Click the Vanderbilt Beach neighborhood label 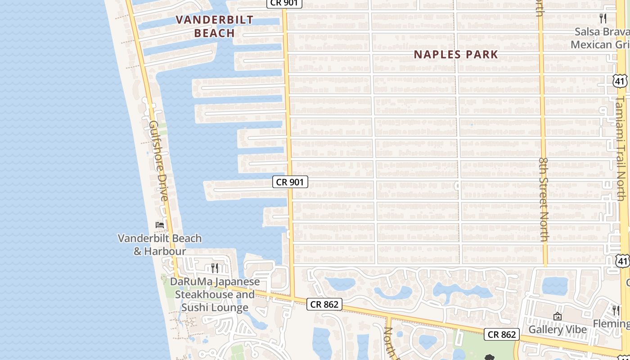tap(215, 27)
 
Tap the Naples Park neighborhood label tap(456, 54)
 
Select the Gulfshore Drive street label tap(159, 161)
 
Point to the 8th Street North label tap(544, 199)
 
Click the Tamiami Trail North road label tap(621, 148)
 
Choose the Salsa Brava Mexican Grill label tap(600, 38)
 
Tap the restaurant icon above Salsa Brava tap(603, 18)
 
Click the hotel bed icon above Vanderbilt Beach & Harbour tap(160, 225)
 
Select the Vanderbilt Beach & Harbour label tap(160, 245)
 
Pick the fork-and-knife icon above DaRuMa tap(215, 268)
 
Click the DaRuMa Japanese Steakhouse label tap(215, 294)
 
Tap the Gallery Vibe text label tap(558, 329)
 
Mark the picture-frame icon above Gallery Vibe tap(558, 317)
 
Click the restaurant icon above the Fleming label tap(616, 310)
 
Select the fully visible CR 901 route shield tap(290, 182)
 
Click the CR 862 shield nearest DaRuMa tap(324, 305)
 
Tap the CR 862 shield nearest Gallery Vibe tap(502, 334)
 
